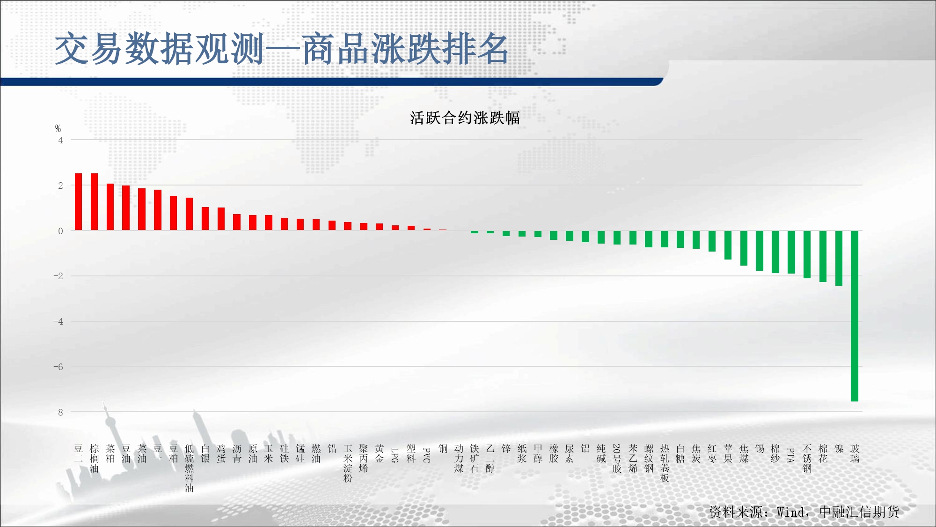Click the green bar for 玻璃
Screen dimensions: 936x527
point(855,316)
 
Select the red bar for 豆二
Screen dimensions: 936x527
point(79,202)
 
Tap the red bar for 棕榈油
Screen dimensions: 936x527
point(94,202)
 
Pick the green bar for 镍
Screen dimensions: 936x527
point(839,258)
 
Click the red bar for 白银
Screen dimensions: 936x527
point(205,219)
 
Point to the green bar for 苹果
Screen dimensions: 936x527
point(728,245)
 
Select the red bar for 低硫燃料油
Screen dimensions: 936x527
point(189,214)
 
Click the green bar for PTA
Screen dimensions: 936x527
point(791,252)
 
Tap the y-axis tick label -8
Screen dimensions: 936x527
point(58,412)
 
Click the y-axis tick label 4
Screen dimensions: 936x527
point(60,140)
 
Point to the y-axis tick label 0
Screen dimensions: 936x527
point(60,230)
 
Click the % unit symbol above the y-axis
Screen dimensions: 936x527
point(58,128)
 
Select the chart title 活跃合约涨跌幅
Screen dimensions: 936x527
point(465,118)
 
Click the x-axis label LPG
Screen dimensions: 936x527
point(395,455)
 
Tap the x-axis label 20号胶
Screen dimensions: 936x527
point(617,459)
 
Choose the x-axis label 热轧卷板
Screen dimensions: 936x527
point(665,463)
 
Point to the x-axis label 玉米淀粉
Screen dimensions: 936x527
point(348,463)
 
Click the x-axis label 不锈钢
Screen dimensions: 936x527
point(807,459)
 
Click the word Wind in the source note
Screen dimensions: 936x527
point(790,512)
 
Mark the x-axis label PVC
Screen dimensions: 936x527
point(427,455)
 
